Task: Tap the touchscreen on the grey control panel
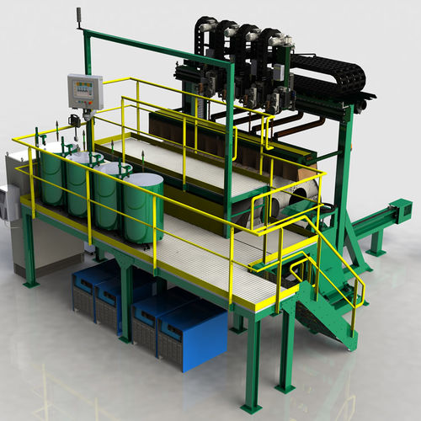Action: point(83,89)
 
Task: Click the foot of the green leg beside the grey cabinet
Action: point(30,283)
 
